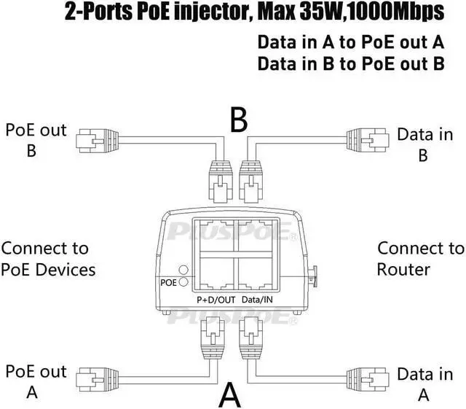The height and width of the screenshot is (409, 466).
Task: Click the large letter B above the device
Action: click(238, 120)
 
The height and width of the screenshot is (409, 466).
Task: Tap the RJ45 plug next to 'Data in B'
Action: click(360, 139)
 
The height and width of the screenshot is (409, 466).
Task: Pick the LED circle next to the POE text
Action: click(183, 282)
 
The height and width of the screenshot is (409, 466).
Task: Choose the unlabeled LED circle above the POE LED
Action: click(183, 268)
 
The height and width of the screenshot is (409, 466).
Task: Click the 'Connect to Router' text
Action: click(419, 259)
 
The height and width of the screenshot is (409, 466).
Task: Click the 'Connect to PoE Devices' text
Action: click(48, 259)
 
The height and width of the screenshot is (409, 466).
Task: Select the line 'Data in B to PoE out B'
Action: click(350, 63)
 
